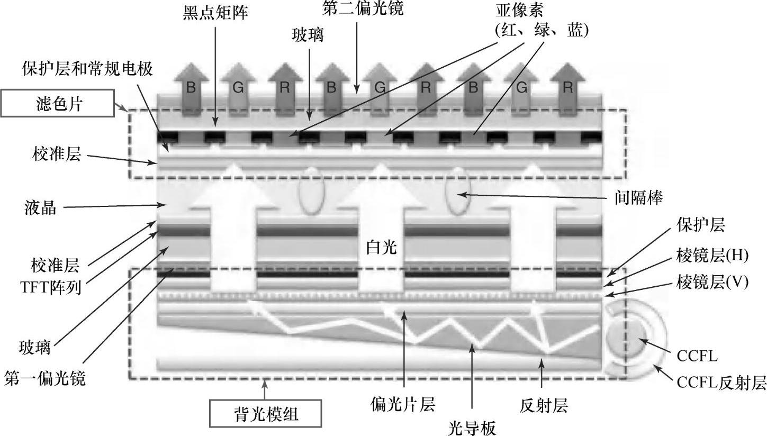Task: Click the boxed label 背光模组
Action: pyautogui.click(x=265, y=413)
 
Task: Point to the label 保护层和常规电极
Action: pyautogui.click(x=87, y=69)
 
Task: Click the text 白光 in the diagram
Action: pyautogui.click(x=382, y=247)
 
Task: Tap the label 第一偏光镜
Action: pyautogui.click(x=45, y=379)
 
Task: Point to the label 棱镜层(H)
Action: pyautogui.click(x=711, y=256)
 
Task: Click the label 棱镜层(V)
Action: pyautogui.click(x=711, y=282)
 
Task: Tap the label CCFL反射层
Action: pyautogui.click(x=721, y=383)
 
